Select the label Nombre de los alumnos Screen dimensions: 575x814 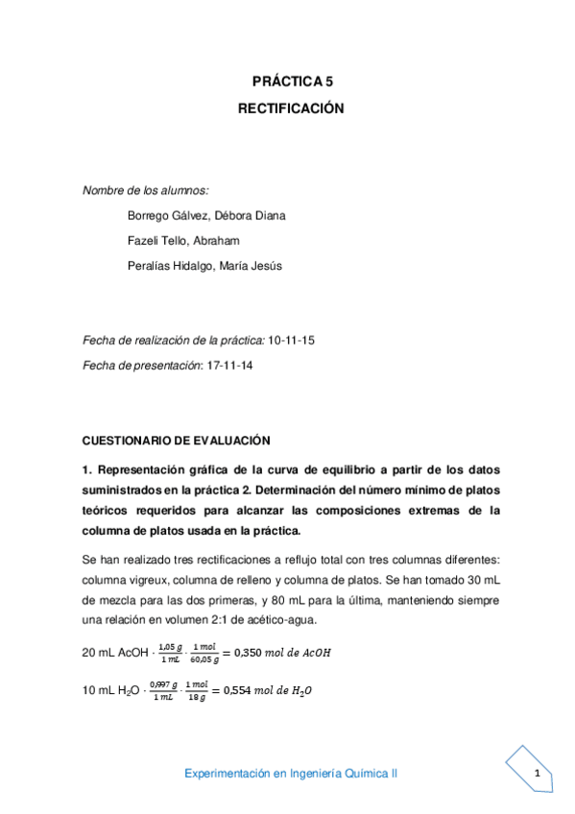point(146,191)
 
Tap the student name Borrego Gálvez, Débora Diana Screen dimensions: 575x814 point(206,215)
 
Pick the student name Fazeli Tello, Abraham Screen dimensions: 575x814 point(183,240)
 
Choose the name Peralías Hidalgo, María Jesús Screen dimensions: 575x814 point(205,265)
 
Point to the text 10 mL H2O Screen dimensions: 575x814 point(109,692)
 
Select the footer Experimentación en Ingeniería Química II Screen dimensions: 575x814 point(292,773)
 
